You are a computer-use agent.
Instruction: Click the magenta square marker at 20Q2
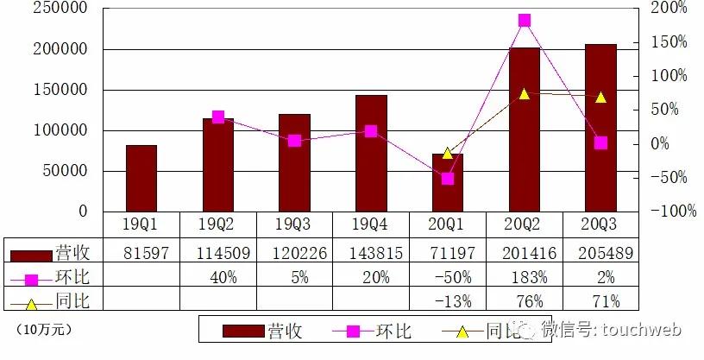pyautogui.click(x=525, y=20)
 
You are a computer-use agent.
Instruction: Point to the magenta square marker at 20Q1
pyautogui.click(x=448, y=179)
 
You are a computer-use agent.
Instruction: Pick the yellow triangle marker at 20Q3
pyautogui.click(x=600, y=98)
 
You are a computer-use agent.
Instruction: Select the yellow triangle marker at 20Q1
pyautogui.click(x=448, y=153)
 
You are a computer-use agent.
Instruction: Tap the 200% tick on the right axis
pyautogui.click(x=669, y=8)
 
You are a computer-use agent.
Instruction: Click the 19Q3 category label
pyautogui.click(x=294, y=224)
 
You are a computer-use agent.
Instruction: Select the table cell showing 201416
pyautogui.click(x=525, y=254)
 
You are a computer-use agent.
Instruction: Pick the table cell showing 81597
pyautogui.click(x=141, y=254)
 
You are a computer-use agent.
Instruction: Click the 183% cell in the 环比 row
pyautogui.click(x=525, y=278)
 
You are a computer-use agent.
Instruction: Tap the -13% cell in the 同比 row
pyautogui.click(x=448, y=301)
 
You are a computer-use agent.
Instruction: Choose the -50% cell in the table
pyautogui.click(x=448, y=278)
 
